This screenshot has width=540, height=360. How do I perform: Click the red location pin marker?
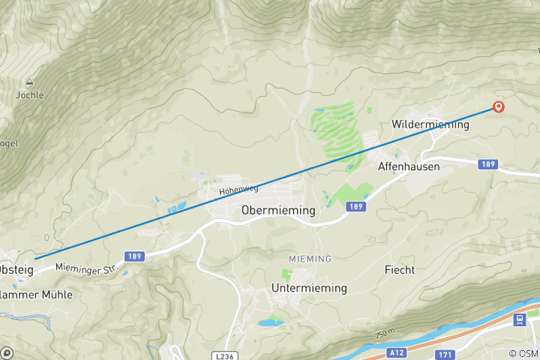click(x=498, y=107)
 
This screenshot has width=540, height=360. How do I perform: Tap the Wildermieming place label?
click(x=430, y=124)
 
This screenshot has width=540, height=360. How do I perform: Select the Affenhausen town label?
click(x=409, y=166)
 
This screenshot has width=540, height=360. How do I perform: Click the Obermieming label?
click(x=278, y=211)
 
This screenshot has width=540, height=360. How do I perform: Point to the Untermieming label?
click(x=309, y=288)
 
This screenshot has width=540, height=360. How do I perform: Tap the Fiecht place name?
click(x=399, y=269)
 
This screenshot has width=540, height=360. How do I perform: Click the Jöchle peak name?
click(x=30, y=95)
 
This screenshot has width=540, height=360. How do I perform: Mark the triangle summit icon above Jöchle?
click(x=30, y=82)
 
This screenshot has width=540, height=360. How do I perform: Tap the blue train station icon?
click(x=518, y=320)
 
